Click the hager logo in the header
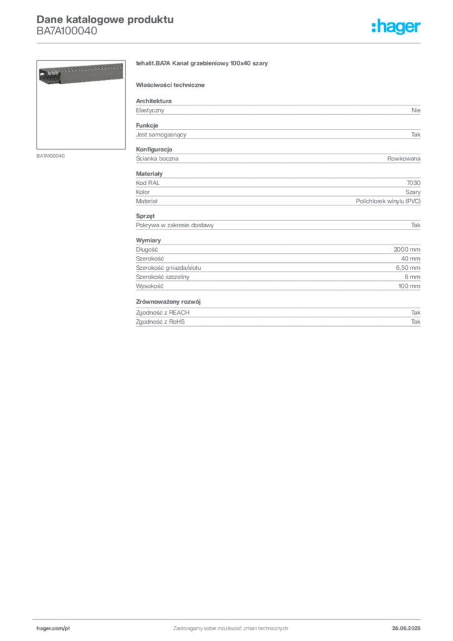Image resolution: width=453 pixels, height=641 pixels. tap(396, 27)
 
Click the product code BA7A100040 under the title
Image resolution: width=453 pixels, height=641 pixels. tap(67, 31)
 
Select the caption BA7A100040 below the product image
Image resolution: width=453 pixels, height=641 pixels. tap(51, 156)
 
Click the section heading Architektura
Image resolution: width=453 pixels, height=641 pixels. tap(153, 101)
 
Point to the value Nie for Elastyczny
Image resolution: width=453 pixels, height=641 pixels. tap(416, 110)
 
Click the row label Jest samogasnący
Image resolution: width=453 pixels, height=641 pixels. tap(161, 135)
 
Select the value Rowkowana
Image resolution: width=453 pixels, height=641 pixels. tap(404, 158)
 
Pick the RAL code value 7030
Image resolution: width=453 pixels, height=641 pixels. tap(414, 183)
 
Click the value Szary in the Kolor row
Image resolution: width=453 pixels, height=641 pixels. tap(413, 192)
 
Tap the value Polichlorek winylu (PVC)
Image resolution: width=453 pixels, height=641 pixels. tap(388, 201)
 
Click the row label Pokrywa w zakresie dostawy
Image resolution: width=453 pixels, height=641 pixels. tap(175, 225)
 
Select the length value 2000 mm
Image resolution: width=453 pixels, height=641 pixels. tap(407, 249)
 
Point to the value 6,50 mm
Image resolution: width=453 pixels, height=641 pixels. tap(408, 268)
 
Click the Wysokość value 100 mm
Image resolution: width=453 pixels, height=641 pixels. tap(409, 286)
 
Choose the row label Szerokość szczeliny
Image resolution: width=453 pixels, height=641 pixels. tap(163, 277)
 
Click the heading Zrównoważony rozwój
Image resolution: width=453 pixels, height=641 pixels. tap(168, 302)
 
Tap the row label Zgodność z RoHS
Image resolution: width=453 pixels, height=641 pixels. tap(160, 322)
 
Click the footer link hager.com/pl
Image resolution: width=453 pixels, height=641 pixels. tap(53, 628)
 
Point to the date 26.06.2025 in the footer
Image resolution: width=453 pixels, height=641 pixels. tap(406, 628)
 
